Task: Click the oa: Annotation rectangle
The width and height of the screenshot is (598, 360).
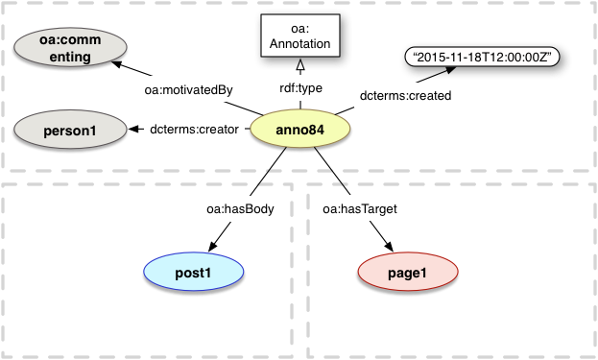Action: click(x=300, y=36)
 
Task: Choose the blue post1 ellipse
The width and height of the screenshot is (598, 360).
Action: click(x=193, y=273)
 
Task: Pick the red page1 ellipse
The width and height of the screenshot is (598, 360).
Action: click(x=408, y=274)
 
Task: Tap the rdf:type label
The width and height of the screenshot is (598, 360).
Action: click(x=300, y=89)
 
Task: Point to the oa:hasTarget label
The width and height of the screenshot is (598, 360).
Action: click(x=357, y=205)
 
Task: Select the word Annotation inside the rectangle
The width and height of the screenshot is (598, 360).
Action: click(x=300, y=43)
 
